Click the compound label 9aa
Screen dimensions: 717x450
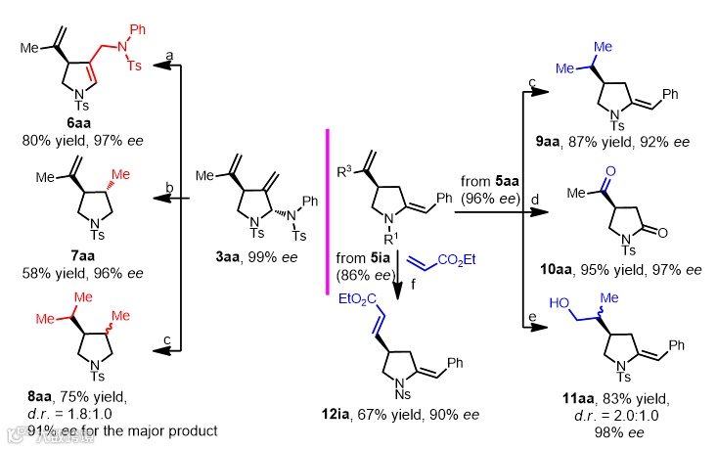(577, 143)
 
